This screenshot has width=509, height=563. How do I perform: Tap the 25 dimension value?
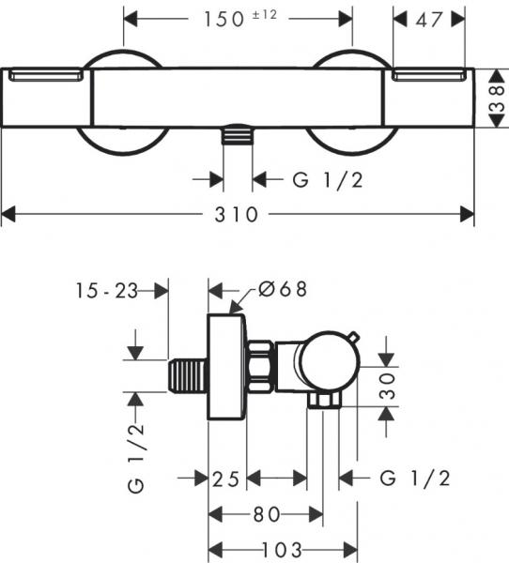click(x=225, y=479)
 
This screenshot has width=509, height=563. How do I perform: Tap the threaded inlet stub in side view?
click(x=188, y=376)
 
